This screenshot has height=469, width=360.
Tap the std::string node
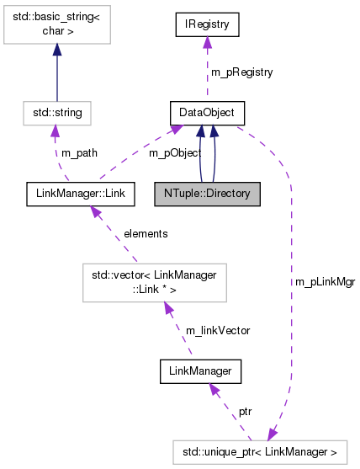(57, 111)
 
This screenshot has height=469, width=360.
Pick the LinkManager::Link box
(76, 194)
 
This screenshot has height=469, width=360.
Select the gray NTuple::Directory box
(207, 194)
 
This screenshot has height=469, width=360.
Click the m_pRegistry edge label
(241, 72)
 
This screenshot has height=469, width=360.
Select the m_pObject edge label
(151, 153)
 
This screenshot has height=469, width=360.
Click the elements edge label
(144, 234)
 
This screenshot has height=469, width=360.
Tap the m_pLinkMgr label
(324, 281)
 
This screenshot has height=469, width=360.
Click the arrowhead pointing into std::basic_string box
(57, 50)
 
